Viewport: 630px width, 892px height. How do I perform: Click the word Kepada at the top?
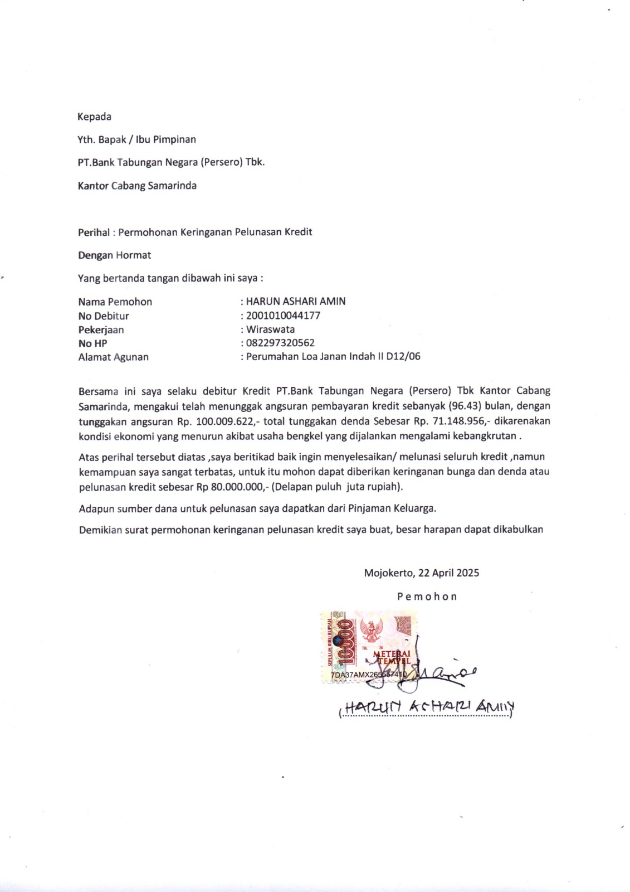click(94, 117)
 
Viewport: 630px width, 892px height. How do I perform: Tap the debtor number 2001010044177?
click(283, 316)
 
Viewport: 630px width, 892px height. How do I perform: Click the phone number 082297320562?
click(280, 343)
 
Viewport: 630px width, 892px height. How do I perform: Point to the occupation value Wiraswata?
click(271, 329)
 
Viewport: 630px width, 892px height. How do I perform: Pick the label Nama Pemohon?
click(115, 302)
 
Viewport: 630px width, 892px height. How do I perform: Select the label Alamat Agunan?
click(113, 357)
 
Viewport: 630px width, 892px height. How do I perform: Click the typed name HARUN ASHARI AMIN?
click(296, 302)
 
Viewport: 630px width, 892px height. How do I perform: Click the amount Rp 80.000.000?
click(229, 487)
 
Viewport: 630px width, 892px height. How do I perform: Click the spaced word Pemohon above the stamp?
click(427, 597)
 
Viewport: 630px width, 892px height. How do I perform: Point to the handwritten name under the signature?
click(427, 707)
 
